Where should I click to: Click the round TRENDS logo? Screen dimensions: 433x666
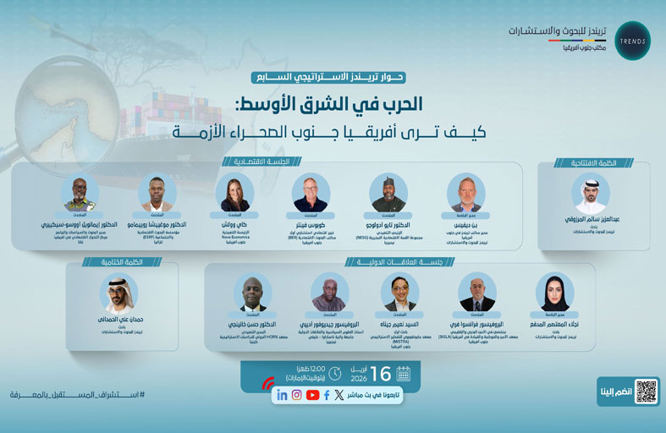[631, 41]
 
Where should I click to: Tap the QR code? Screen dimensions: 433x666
[646, 391]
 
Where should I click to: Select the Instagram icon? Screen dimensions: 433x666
[297, 395]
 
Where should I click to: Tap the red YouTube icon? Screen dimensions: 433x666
[313, 395]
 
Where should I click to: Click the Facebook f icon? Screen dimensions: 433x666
[327, 395]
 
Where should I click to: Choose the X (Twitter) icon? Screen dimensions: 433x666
[339, 395]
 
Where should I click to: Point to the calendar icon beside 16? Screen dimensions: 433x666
[403, 373]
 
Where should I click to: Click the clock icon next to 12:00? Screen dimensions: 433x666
[335, 373]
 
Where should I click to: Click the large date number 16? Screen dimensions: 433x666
[381, 373]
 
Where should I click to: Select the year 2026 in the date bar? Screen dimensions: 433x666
[360, 378]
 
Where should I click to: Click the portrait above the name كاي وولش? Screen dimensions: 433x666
[234, 193]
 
